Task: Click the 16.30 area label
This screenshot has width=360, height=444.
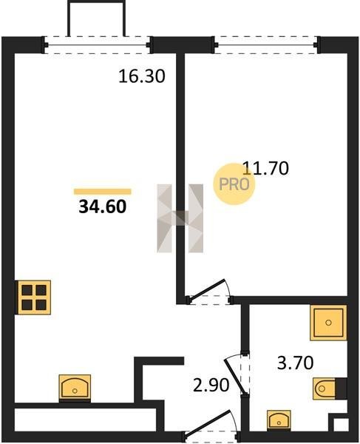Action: coord(141,76)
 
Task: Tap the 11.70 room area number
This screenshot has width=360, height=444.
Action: coord(266,168)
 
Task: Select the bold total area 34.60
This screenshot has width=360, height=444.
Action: coord(102,206)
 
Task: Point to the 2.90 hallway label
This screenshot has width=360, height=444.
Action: coord(211,386)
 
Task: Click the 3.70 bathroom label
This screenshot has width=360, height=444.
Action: coord(295,363)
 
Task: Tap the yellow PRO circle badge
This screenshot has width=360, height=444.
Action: coord(234,184)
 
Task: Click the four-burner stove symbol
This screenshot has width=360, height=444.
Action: coord(34,297)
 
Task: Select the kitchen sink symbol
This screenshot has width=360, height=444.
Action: coord(75,388)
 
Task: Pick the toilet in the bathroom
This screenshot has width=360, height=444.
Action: coord(330,388)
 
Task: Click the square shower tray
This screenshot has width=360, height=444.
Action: coord(328,323)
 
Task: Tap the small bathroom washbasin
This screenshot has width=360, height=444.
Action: coord(279,420)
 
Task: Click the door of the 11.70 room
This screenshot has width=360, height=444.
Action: coord(208,291)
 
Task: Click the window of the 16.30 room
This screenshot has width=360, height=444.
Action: coord(97,44)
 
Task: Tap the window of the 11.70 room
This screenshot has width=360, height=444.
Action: coord(266,44)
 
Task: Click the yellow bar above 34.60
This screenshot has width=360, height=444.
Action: coord(102,192)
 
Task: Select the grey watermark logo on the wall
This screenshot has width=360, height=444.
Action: coord(180,218)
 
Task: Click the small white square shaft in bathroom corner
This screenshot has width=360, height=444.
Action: coord(341,424)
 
